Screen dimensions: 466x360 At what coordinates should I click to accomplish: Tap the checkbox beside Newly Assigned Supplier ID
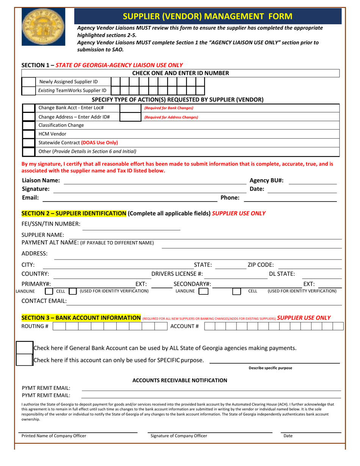point(28,82)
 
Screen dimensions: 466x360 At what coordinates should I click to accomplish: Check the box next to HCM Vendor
point(28,134)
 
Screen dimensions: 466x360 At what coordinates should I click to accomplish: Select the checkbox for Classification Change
point(28,125)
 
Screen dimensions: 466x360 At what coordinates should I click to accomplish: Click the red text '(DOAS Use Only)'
point(99,142)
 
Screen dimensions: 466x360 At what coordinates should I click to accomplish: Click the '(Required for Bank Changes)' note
point(169,108)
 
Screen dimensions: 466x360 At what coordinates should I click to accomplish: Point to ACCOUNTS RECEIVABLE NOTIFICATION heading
point(180,380)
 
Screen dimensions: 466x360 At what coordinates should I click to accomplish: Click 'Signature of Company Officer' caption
point(179,436)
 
